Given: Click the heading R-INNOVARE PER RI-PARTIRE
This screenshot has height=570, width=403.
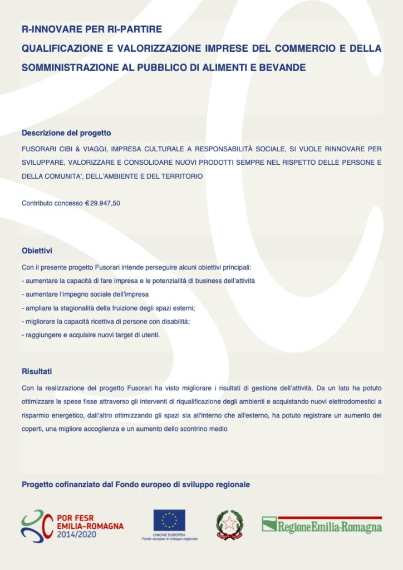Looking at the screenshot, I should coord(91,29).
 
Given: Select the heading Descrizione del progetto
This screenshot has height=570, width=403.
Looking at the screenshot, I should coord(66,133).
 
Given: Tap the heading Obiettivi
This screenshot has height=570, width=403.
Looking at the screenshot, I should coord(37,251).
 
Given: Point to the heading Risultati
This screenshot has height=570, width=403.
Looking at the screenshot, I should coord(37,371).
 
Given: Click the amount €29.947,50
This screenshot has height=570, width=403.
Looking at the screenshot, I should coord(102,203).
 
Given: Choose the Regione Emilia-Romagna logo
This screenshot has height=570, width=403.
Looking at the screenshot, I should coord(322,525).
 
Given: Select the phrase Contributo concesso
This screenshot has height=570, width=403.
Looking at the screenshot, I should coord(52,203).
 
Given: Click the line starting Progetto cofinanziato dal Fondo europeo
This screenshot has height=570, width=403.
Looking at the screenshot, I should coord(136,485).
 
